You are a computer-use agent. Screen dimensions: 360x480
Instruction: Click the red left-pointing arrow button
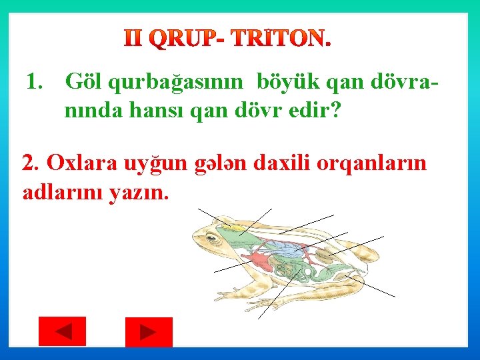(62, 331)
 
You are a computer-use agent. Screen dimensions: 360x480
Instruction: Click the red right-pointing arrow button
(149, 331)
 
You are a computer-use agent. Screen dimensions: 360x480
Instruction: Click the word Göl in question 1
(83, 83)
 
